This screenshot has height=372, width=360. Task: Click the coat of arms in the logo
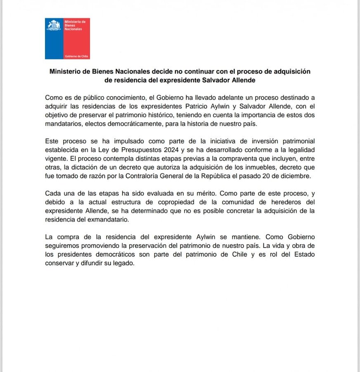54,25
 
